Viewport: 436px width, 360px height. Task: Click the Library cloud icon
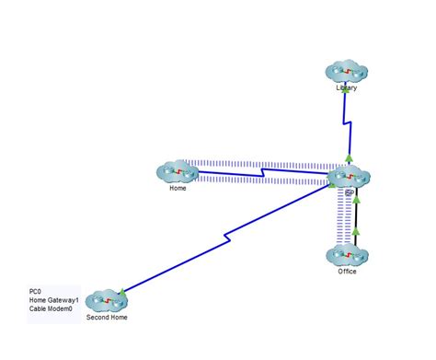tap(347, 72)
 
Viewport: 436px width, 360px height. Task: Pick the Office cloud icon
tap(348, 256)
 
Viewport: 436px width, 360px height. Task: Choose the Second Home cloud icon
tap(107, 300)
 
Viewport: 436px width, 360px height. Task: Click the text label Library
tap(347, 89)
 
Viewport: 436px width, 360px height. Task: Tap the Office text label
tap(347, 272)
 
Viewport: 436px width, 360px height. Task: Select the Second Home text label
tap(107, 318)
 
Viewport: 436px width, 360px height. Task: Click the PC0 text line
tap(36, 292)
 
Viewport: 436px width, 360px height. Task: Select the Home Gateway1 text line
tap(49, 300)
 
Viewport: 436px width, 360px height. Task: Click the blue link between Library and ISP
tap(345, 118)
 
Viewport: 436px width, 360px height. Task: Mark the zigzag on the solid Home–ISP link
tap(264, 172)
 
